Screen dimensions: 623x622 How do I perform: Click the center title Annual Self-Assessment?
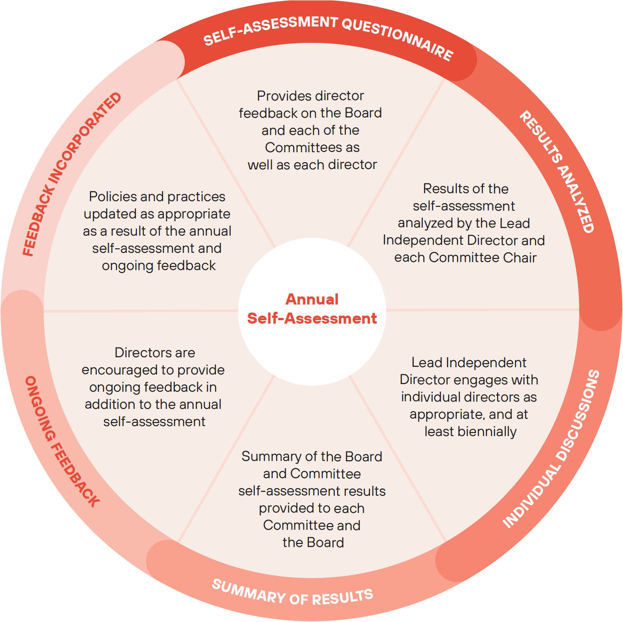click(312, 309)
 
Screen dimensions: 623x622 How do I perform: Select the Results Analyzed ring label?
click(557, 172)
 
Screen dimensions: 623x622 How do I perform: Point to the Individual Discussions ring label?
click(551, 449)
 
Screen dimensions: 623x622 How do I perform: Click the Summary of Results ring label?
click(292, 593)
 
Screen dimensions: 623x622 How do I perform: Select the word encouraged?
click(121, 370)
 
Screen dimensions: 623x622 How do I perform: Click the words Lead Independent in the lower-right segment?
click(469, 363)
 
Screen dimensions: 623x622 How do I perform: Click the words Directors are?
click(155, 353)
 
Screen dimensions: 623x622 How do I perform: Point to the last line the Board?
click(313, 542)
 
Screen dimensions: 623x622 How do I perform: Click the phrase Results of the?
click(466, 189)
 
